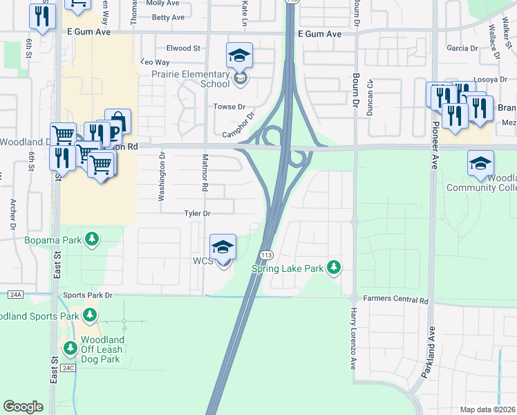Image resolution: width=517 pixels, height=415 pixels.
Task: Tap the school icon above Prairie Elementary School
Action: click(x=239, y=55)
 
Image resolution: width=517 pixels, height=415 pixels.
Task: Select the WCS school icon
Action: click(x=223, y=248)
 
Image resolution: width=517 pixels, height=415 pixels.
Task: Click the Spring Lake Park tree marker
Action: click(x=335, y=267)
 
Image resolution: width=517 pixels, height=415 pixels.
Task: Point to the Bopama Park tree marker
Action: click(x=91, y=240)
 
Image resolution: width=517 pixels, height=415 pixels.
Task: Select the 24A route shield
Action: click(x=15, y=295)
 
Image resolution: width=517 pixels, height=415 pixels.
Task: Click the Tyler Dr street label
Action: click(x=196, y=214)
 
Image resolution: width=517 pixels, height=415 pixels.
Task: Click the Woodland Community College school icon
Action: click(x=480, y=164)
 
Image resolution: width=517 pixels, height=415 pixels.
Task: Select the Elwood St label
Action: click(x=182, y=48)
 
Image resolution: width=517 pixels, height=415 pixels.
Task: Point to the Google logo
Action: click(x=23, y=407)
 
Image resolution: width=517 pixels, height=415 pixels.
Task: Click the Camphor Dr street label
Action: click(x=238, y=125)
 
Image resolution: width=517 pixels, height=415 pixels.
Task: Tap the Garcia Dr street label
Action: click(x=462, y=48)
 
